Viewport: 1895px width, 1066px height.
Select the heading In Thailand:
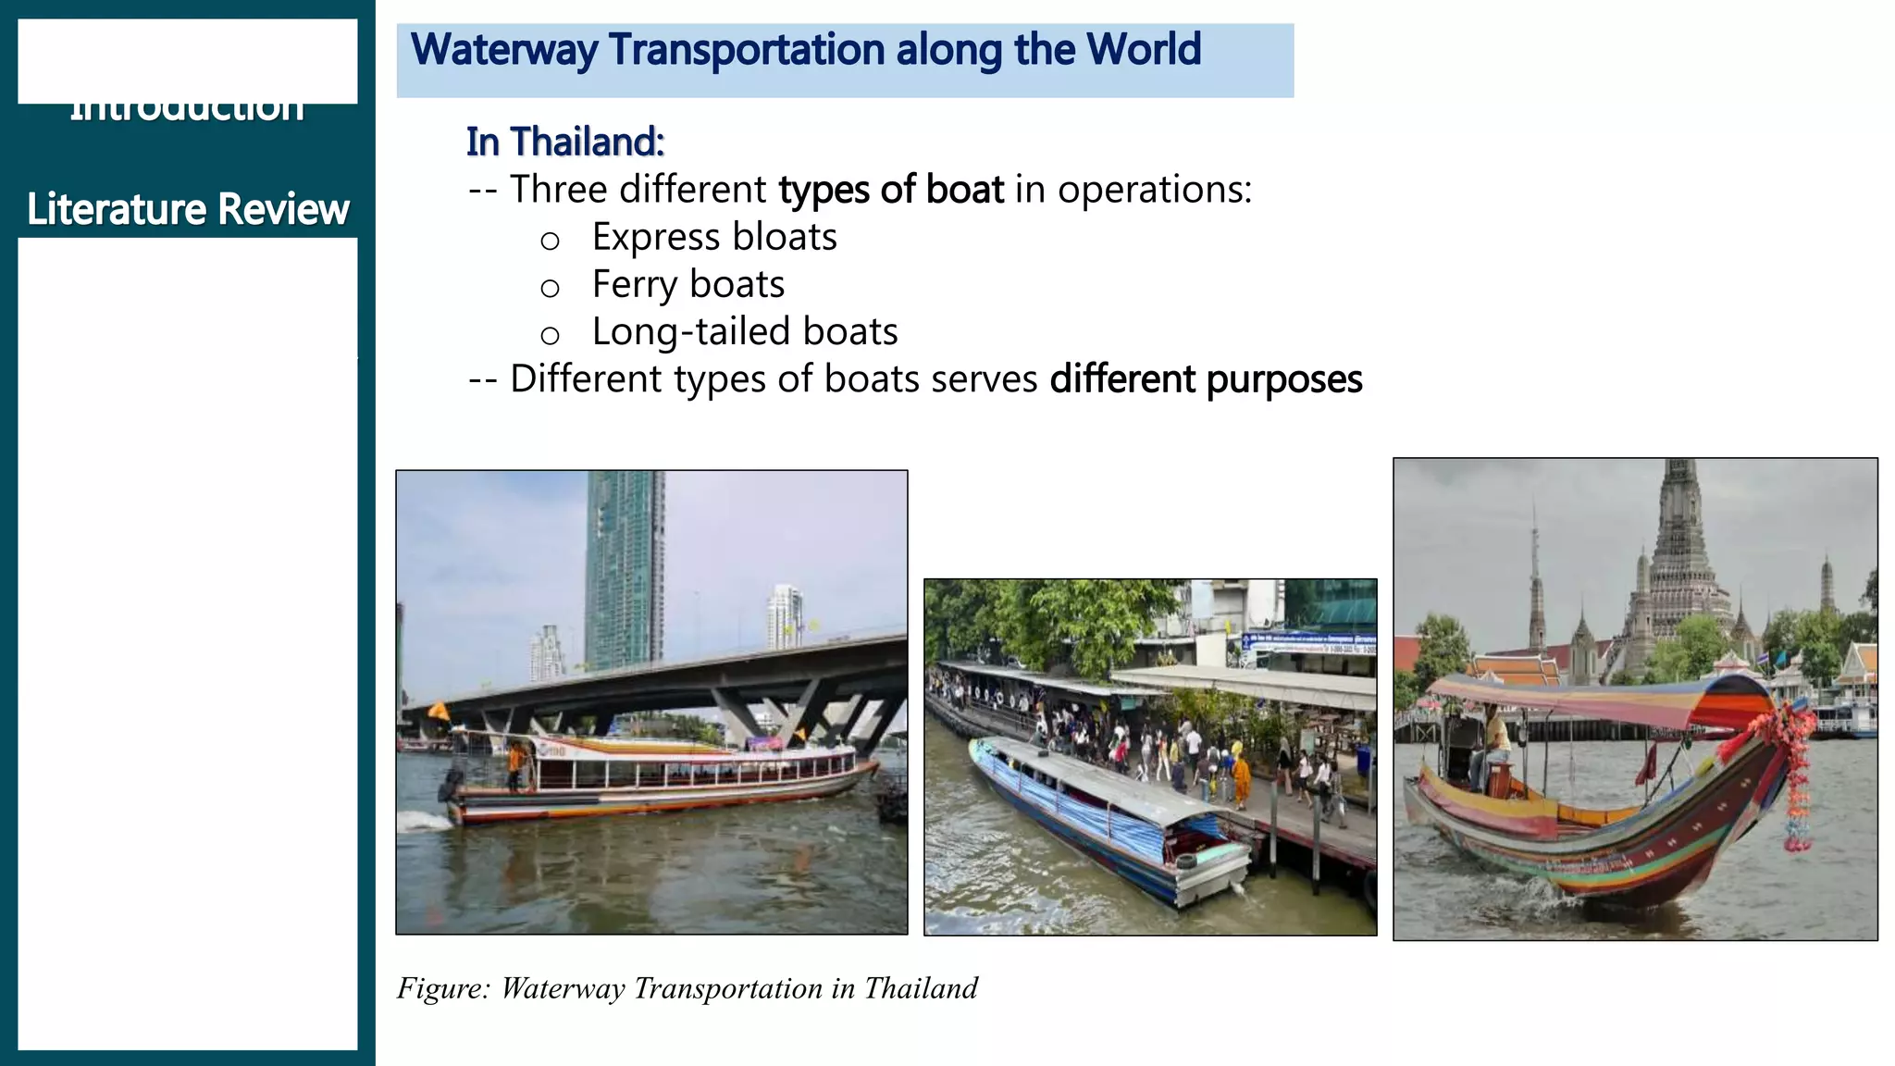pyautogui.click(x=565, y=143)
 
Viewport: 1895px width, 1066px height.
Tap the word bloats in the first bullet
pyautogui.click(x=785, y=237)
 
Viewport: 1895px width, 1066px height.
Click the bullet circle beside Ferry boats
pyautogui.click(x=550, y=288)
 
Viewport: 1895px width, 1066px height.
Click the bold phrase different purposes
pyautogui.click(x=1206, y=379)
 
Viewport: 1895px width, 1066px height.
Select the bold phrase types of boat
pyautogui.click(x=891, y=190)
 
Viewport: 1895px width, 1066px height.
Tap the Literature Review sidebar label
pyautogui.click(x=188, y=209)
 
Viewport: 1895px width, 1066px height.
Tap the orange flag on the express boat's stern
pyautogui.click(x=439, y=711)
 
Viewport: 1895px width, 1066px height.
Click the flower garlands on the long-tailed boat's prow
pyautogui.click(x=1795, y=768)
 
